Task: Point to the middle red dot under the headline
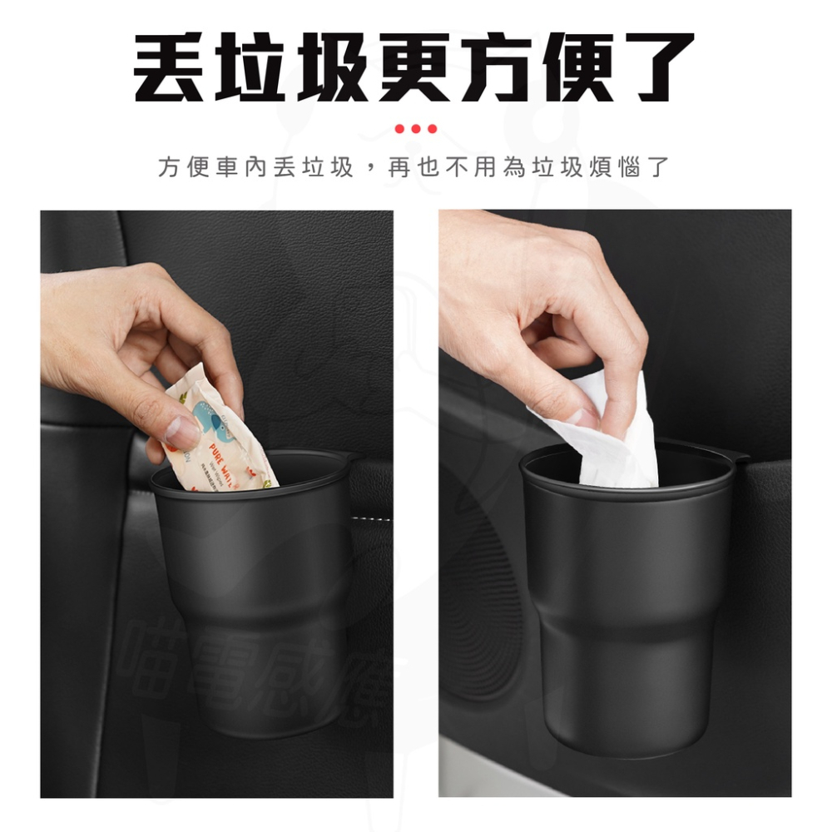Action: (x=416, y=129)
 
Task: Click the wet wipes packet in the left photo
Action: (x=218, y=441)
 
